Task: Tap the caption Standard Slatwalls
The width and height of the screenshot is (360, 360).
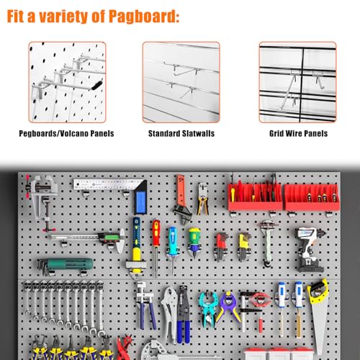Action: pos(181,133)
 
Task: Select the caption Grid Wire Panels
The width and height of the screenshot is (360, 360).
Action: pos(298,133)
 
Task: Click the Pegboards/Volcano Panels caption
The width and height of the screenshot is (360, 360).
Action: pos(66,133)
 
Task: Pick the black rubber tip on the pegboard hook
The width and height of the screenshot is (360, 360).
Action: pos(97,85)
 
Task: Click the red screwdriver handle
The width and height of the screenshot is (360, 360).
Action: pos(156,233)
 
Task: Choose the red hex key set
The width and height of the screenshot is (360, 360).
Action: pos(221,247)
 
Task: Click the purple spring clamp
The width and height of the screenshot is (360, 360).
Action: pos(228,307)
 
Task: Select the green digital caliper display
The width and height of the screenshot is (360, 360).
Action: pos(111,238)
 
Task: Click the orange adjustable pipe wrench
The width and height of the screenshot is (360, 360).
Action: pos(181,199)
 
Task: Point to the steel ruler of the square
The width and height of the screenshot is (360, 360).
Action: pos(106,185)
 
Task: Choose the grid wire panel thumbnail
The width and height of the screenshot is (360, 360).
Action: pos(297,82)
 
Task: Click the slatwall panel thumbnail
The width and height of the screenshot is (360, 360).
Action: pos(181,82)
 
